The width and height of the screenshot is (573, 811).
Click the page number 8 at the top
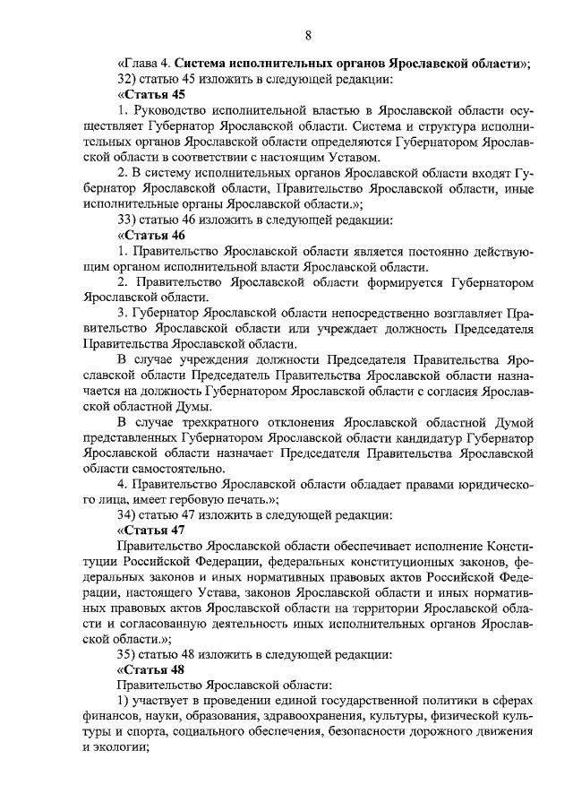pos(308,35)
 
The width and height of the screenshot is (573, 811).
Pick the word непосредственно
pos(335,314)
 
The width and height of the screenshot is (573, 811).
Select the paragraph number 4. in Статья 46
pos(123,484)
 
